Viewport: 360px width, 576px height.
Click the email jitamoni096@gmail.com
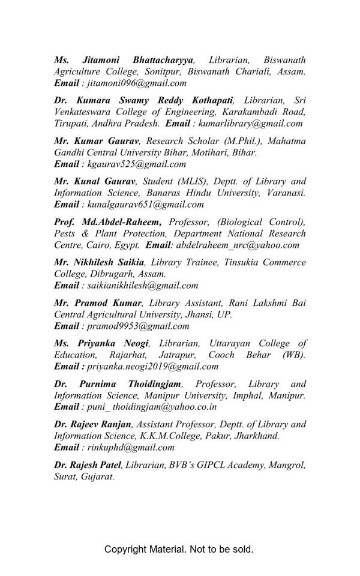click(137, 83)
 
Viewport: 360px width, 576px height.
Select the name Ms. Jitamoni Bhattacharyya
click(124, 60)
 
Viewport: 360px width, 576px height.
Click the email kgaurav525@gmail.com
click(136, 164)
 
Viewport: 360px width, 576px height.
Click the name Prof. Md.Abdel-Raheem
click(107, 222)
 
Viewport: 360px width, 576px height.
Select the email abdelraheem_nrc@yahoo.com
click(238, 245)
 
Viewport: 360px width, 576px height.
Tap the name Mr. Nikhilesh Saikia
click(99, 262)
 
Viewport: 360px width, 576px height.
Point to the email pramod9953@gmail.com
click(138, 326)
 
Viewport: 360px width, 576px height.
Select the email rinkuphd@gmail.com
click(131, 447)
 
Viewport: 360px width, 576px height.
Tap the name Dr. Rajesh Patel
click(88, 464)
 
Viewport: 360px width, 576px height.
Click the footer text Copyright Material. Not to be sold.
click(179, 549)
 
